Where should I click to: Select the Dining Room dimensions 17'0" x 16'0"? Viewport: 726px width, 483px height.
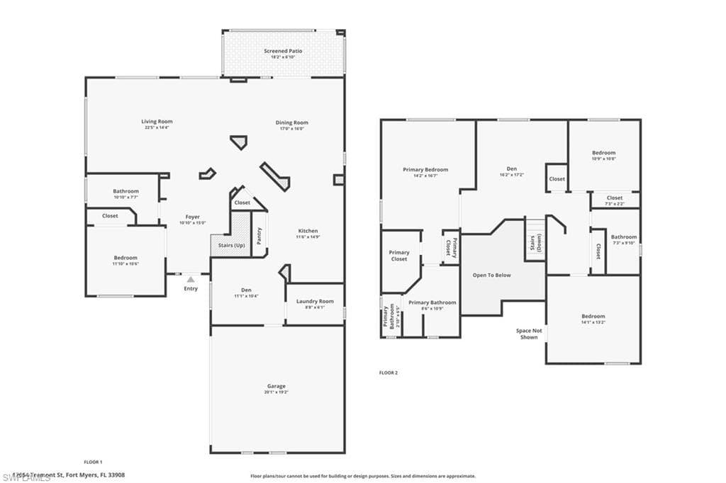[291, 129]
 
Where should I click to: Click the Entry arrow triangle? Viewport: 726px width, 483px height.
[190, 280]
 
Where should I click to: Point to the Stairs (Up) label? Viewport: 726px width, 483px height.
[230, 245]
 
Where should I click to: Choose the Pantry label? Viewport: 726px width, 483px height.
[259, 236]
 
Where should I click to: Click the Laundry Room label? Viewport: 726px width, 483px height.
[315, 301]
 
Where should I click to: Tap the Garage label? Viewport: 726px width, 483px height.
[276, 386]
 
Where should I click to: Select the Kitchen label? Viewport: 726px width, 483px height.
[308, 231]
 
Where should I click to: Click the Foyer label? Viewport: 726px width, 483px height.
[192, 217]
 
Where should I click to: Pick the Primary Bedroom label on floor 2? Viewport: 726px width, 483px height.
[425, 169]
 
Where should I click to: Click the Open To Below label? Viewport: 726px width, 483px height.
[491, 275]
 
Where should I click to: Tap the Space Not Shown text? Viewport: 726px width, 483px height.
[528, 334]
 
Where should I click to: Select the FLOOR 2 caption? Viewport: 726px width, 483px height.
[389, 373]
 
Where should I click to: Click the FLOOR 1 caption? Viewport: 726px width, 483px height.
[93, 462]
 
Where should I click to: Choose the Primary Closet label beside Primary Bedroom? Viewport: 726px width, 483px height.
[399, 256]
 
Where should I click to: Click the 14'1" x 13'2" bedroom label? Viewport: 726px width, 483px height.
[593, 322]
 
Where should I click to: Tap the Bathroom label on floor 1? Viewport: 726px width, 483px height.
[125, 191]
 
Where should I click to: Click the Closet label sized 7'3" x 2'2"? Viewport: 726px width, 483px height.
[615, 198]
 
